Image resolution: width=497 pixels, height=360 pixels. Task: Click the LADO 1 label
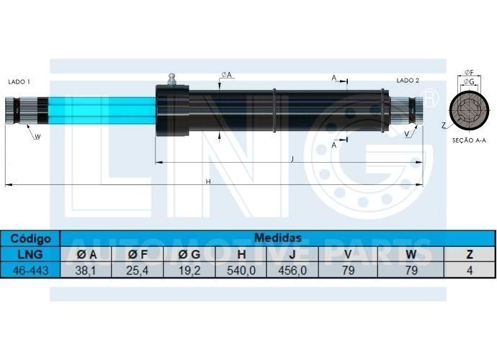pos(19,82)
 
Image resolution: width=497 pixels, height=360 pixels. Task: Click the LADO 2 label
pos(408,81)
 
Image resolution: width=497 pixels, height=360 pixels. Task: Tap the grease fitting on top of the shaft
pos(172,79)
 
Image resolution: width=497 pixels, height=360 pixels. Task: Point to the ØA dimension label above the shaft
pos(227,75)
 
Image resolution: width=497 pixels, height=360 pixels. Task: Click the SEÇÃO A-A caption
pos(469,140)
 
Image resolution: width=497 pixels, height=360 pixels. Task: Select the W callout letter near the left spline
pos(37,137)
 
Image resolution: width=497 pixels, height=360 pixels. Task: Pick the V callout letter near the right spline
pos(407,135)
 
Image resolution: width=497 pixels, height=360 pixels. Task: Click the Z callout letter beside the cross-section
pos(444,126)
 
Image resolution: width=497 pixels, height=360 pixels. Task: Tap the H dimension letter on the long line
pos(208,181)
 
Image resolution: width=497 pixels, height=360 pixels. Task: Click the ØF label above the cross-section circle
pos(469,73)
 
